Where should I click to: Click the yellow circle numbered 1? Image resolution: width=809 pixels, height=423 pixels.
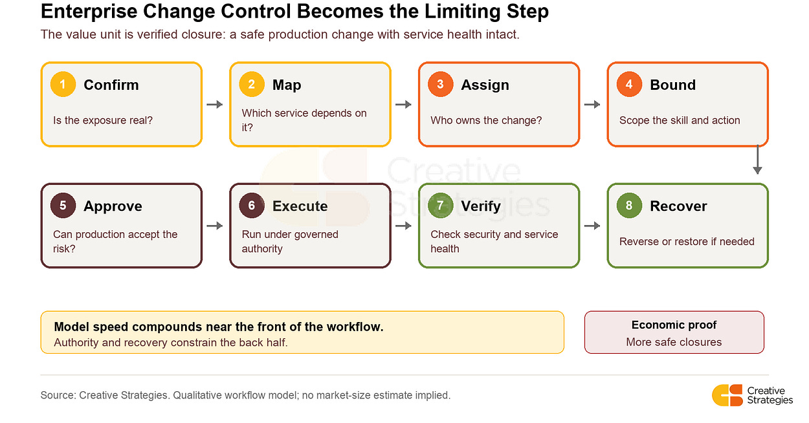(x=63, y=85)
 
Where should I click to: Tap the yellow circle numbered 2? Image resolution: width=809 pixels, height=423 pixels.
(x=252, y=85)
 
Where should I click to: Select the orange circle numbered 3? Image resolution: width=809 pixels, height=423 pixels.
(x=440, y=85)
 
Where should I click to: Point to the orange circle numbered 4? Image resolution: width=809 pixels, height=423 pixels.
(x=629, y=85)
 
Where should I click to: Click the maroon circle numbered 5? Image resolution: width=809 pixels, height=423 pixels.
(x=63, y=206)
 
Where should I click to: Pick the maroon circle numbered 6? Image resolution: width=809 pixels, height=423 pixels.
(x=252, y=206)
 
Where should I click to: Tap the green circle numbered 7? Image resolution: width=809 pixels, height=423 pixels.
(x=440, y=206)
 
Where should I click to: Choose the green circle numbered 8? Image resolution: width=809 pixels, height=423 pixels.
(x=629, y=206)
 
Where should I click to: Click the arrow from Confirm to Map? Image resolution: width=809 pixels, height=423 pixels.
(x=215, y=105)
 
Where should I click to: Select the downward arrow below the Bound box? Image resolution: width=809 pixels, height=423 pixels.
(x=757, y=160)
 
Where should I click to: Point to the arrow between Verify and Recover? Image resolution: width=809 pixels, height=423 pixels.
(x=592, y=226)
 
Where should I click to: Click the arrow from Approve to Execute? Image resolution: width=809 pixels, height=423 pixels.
(x=215, y=226)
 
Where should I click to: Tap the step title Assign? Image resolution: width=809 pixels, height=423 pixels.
(x=485, y=85)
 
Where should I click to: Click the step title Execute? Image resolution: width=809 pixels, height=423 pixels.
(x=300, y=206)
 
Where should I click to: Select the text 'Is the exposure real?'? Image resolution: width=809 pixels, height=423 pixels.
(x=103, y=120)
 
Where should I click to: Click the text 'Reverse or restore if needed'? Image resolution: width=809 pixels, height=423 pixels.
(x=687, y=241)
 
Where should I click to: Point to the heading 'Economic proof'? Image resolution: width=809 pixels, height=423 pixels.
(x=674, y=325)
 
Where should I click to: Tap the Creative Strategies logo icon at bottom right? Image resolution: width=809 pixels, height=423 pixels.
(x=727, y=396)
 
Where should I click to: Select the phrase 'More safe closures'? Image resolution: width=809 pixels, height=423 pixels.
(x=674, y=342)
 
